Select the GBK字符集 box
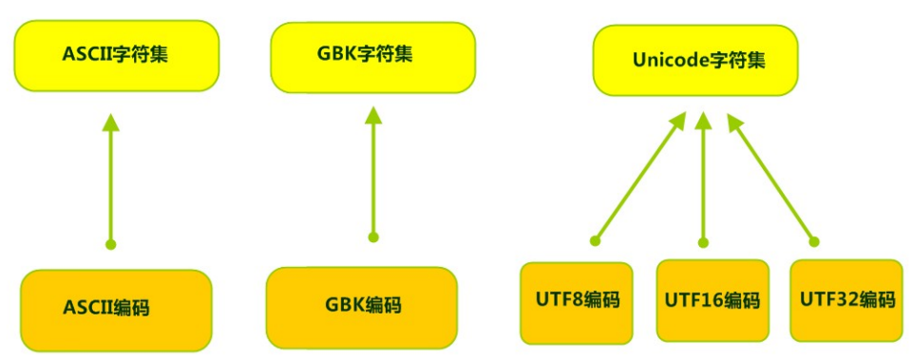(372, 54)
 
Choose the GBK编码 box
(362, 306)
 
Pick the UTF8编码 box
(577, 301)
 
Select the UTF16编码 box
(712, 301)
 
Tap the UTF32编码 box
(845, 301)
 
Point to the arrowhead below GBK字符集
(372, 117)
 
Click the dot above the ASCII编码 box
(110, 244)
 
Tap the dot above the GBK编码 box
(372, 237)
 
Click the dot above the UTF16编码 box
(703, 242)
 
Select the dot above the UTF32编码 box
(813, 240)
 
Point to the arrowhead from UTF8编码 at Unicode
(678, 121)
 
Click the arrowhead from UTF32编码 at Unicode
(732, 121)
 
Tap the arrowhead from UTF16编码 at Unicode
(703, 120)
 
